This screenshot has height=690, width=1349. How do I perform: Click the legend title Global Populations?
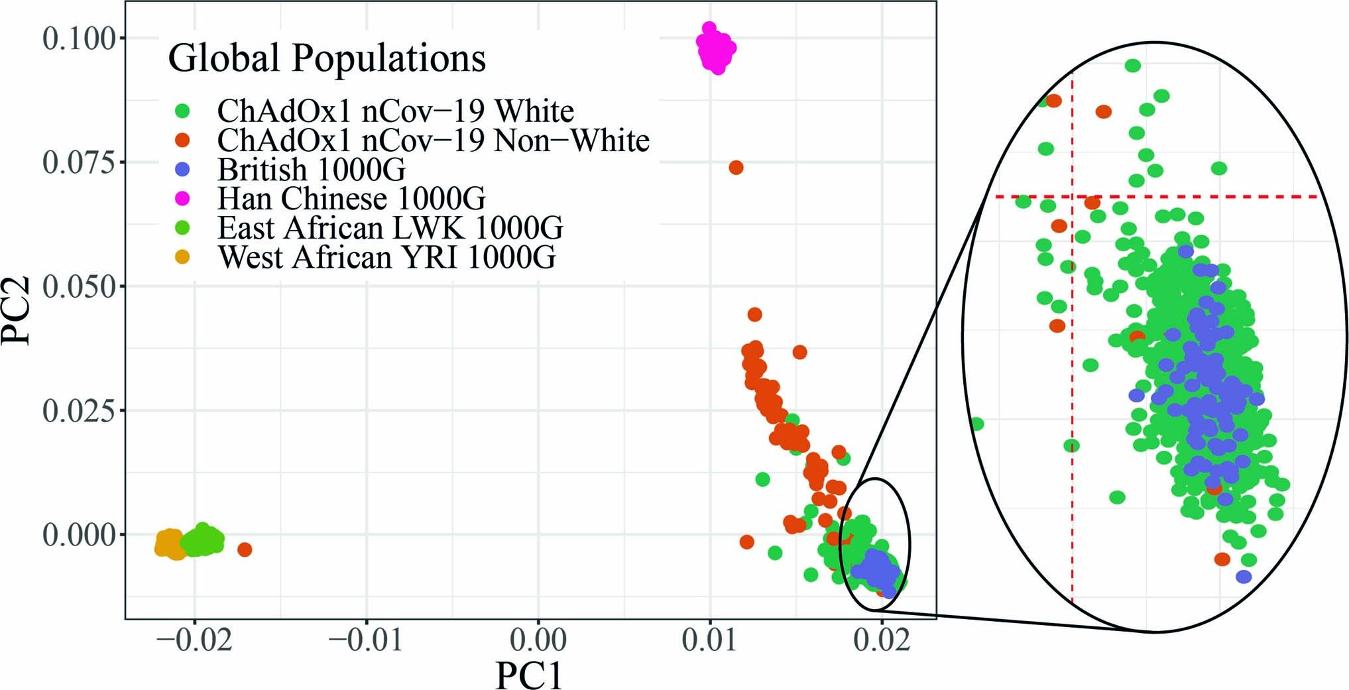coord(327,58)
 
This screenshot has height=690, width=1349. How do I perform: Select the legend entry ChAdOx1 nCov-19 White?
coord(395,111)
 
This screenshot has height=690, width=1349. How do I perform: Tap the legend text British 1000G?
coord(311,170)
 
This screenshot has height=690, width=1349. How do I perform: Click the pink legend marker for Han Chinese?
coord(183,198)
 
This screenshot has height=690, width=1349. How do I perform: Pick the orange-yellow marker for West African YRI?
coord(183,257)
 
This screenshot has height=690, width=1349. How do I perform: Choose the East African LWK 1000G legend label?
coord(390,227)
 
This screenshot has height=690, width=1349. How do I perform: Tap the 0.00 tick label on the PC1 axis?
coord(538,640)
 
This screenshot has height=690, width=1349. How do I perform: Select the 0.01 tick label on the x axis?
coord(709,640)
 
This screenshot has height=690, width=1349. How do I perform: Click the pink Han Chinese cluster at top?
coord(716,48)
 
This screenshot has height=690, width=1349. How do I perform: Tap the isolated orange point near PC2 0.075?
coord(736,168)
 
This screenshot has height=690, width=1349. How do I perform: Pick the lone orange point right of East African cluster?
coord(245,549)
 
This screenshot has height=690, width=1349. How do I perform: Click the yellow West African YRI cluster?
coord(169,544)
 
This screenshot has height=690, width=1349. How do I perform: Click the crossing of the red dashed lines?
coord(1073,197)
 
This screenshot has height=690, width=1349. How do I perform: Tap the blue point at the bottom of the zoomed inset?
coord(1244,577)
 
